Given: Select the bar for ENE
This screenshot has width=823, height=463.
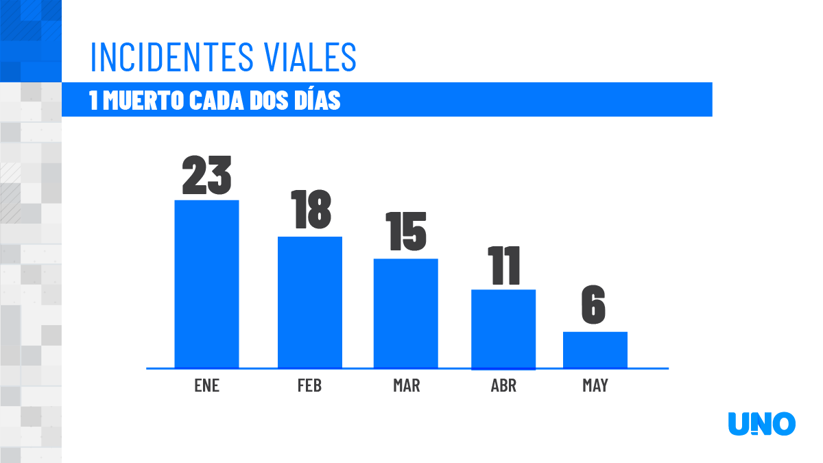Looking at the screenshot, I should [206, 284].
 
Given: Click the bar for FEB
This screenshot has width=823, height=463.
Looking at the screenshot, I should [309, 302].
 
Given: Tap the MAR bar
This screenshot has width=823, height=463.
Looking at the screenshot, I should [405, 313].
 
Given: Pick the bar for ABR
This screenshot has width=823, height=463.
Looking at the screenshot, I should [503, 329].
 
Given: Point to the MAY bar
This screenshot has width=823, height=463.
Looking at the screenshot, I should [595, 350].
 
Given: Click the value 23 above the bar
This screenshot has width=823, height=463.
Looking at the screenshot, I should [206, 175].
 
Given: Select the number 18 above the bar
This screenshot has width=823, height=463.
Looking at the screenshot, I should [310, 210].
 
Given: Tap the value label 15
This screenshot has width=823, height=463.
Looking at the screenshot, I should [405, 231].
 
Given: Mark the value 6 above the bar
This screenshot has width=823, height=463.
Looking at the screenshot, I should [594, 306].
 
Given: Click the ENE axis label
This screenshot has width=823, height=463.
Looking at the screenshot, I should [206, 385].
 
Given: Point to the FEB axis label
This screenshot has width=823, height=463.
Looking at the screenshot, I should [309, 385].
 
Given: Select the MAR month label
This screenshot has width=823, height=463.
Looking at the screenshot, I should [406, 385].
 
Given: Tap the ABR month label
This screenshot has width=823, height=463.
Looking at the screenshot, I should [503, 385].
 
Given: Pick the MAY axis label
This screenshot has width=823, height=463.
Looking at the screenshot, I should [595, 385].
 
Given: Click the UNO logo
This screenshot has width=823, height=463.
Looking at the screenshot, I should [761, 424].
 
